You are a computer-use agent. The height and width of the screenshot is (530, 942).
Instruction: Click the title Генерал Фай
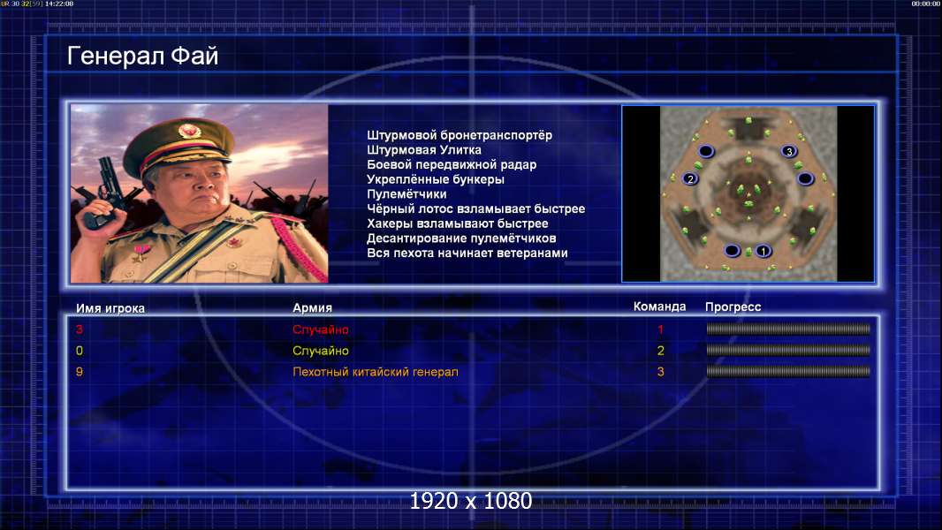tap(142, 57)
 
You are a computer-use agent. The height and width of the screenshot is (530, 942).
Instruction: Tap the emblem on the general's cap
tap(188, 130)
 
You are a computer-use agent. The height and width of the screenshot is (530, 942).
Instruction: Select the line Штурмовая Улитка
tap(423, 150)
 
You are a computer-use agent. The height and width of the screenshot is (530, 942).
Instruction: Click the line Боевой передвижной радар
tap(452, 164)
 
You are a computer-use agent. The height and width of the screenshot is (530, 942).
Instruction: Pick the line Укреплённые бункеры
tap(435, 179)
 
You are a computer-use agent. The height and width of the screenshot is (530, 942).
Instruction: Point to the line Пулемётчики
tap(406, 193)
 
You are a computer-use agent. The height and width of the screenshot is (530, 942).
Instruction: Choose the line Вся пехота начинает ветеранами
tap(467, 253)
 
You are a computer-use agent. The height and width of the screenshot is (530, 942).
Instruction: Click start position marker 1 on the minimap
tap(763, 251)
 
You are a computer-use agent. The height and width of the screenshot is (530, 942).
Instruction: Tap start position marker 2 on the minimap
tap(690, 178)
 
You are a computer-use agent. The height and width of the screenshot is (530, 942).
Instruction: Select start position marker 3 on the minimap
tap(789, 151)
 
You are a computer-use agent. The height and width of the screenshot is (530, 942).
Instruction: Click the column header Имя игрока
tap(110, 308)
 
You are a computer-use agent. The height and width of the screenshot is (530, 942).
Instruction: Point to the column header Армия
tap(312, 308)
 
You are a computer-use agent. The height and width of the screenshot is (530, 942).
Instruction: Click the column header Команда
tap(659, 307)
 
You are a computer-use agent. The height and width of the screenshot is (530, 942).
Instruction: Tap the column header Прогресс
tap(733, 307)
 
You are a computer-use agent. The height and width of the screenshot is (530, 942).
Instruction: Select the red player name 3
tap(80, 329)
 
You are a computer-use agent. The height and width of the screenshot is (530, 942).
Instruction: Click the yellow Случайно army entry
tap(320, 351)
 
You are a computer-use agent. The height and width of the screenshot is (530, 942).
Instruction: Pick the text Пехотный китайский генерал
tap(375, 372)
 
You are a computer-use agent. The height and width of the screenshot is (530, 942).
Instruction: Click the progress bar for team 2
tap(788, 350)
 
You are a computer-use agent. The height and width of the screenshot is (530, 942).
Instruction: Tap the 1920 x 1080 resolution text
tap(470, 501)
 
